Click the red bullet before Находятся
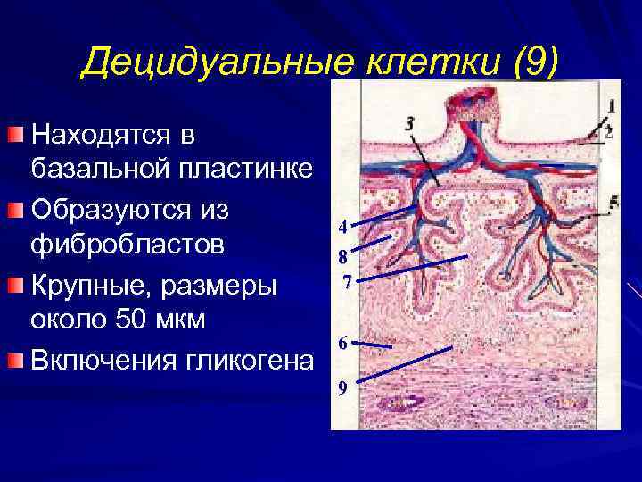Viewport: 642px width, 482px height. [15, 134]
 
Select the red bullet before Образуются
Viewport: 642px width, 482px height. [15, 210]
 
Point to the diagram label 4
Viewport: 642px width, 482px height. [342, 226]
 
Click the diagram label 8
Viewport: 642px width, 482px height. [342, 257]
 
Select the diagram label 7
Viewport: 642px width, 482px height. [347, 284]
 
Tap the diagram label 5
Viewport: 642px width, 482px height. [612, 201]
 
